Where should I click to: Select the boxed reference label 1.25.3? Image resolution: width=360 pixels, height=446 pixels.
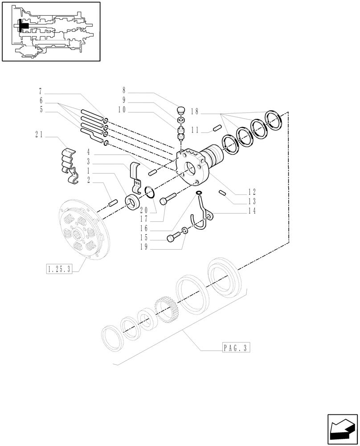59,268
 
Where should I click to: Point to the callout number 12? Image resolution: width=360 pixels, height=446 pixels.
252,192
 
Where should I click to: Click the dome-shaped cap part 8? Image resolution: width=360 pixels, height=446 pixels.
181,110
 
